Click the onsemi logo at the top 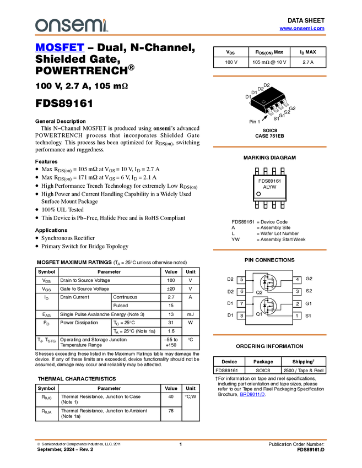[x=72, y=25]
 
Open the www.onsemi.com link [x=302, y=28]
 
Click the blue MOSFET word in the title [x=60, y=47]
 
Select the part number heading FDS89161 [x=64, y=104]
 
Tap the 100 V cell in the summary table [x=231, y=62]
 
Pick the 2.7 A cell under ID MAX [x=308, y=62]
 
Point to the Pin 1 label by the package [x=255, y=122]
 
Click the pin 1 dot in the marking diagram [x=258, y=194]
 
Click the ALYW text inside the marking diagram [x=269, y=187]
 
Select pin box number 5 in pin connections [x=241, y=280]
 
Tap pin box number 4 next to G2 [x=297, y=280]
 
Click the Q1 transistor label [x=259, y=314]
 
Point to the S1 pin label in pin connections [x=308, y=315]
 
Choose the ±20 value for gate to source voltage [x=171, y=289]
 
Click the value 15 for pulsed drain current [x=171, y=306]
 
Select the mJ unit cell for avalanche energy [x=190, y=314]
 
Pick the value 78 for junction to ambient [x=171, y=411]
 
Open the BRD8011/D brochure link [x=252, y=394]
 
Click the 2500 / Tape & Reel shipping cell [x=304, y=371]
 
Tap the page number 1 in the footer [x=181, y=444]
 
